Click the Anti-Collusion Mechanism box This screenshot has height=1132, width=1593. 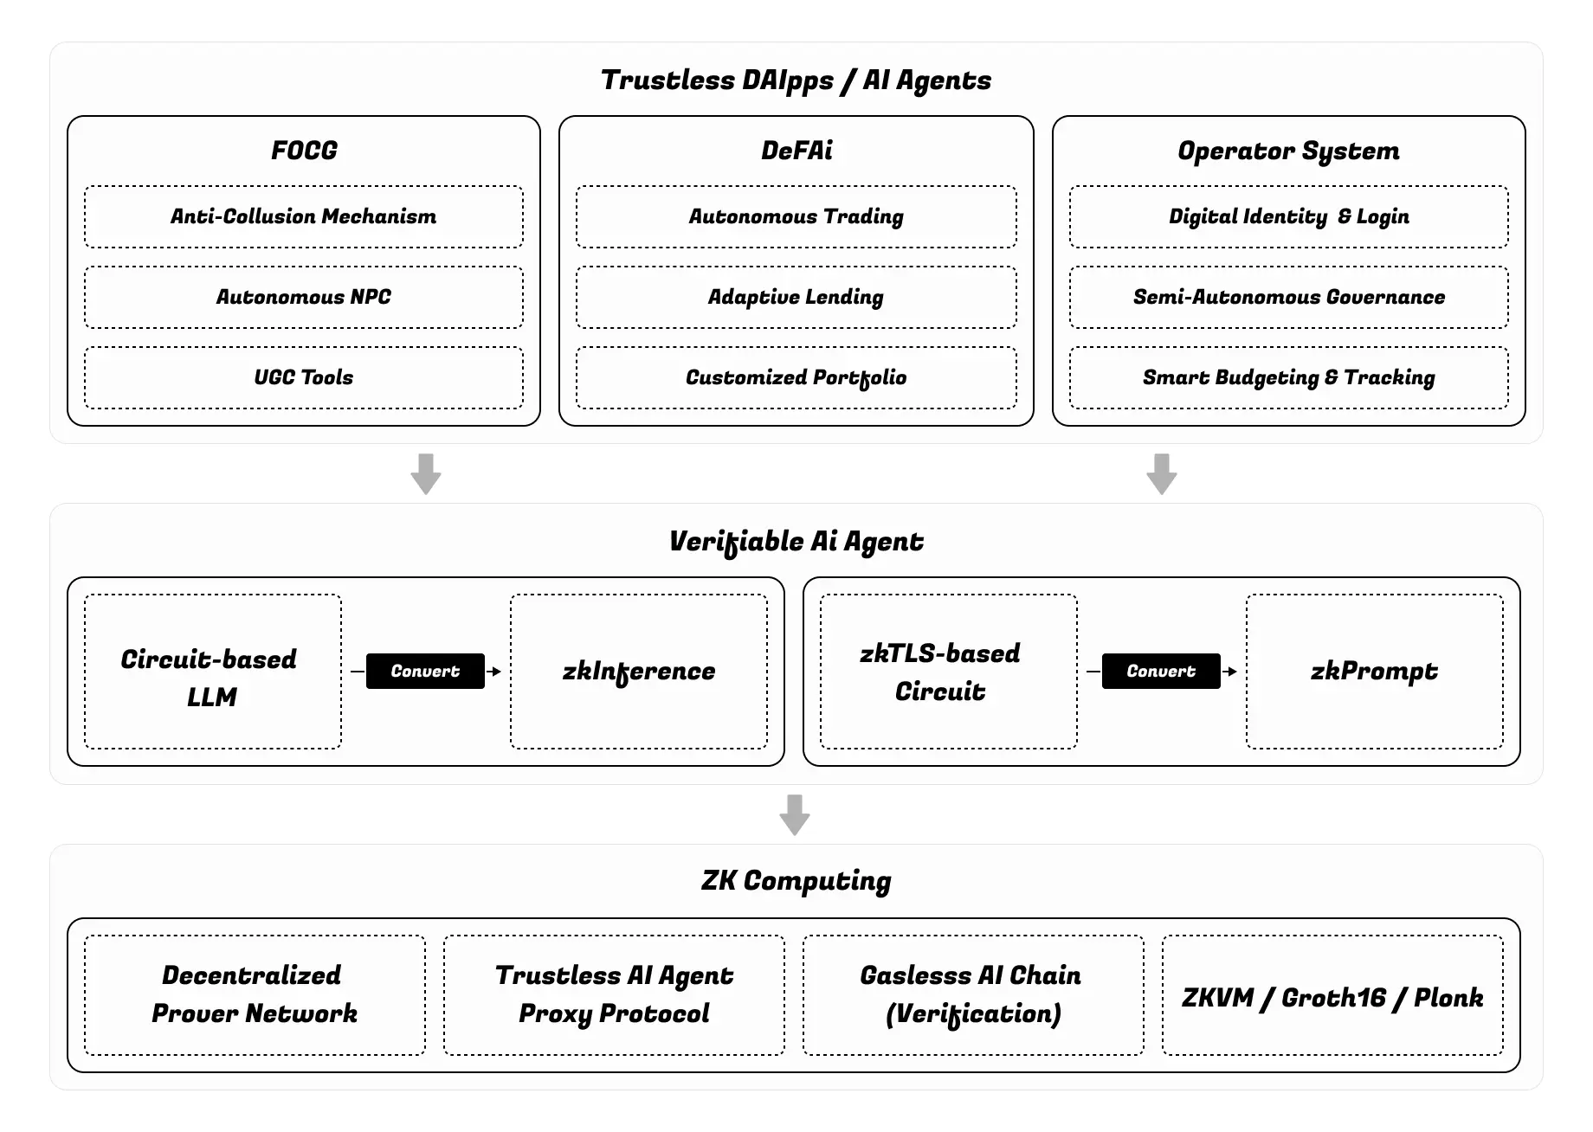tap(304, 216)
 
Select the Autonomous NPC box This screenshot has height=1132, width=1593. tap(304, 297)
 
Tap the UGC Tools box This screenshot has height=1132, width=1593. tap(304, 377)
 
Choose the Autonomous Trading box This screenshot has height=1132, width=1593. tap(796, 216)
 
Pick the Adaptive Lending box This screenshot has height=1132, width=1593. tap(796, 297)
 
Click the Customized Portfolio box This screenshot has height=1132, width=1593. tap(796, 377)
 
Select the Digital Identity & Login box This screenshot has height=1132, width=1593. tap(1289, 216)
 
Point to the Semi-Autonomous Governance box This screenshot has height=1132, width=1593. tap(1289, 297)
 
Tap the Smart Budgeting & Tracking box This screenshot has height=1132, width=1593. tap(1289, 377)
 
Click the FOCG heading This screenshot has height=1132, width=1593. tap(304, 151)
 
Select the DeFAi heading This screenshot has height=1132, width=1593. tap(796, 151)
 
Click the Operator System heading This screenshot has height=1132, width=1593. tap(1288, 151)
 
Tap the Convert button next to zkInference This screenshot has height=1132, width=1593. tap(425, 672)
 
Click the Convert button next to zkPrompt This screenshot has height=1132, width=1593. tap(1161, 672)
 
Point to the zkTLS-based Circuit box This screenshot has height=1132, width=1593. tap(949, 672)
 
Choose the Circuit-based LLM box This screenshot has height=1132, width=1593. tap(213, 672)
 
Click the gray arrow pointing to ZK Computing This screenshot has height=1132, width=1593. tap(795, 814)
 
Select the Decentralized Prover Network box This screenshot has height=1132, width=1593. tap(255, 995)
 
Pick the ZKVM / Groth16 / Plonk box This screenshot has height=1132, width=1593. tap(1332, 995)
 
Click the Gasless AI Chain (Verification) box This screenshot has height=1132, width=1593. tap(973, 995)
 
